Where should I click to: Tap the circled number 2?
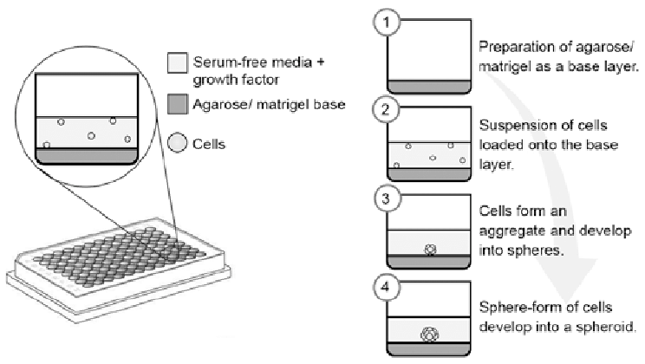pyautogui.click(x=380, y=109)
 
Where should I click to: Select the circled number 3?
pyautogui.click(x=380, y=197)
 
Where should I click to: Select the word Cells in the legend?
pyautogui.click(x=209, y=144)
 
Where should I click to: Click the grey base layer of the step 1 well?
pyautogui.click(x=429, y=86)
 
